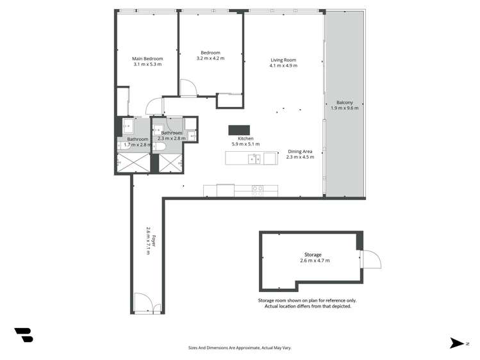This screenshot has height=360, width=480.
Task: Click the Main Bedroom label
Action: pyautogui.click(x=147, y=58)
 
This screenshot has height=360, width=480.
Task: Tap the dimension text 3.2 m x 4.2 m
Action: pyautogui.click(x=210, y=58)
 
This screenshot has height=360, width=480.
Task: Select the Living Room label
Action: pyautogui.click(x=283, y=60)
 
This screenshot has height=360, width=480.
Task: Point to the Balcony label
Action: pyautogui.click(x=345, y=102)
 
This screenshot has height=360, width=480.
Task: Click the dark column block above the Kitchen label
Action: pyautogui.click(x=239, y=130)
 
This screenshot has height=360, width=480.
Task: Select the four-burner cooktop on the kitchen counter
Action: pyautogui.click(x=258, y=189)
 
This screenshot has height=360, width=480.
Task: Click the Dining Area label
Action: pyautogui.click(x=300, y=151)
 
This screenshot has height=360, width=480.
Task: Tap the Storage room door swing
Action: pyautogui.click(x=370, y=259)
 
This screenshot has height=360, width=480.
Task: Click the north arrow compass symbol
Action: pyautogui.click(x=458, y=343)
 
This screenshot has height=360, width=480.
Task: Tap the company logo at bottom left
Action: pyautogui.click(x=24, y=334)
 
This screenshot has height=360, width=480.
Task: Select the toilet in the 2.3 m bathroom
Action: pyautogui.click(x=160, y=147)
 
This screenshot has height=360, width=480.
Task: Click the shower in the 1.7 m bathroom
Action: pyautogui.click(x=133, y=163)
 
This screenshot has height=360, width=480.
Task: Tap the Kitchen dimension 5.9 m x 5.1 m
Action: pyautogui.click(x=245, y=144)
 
